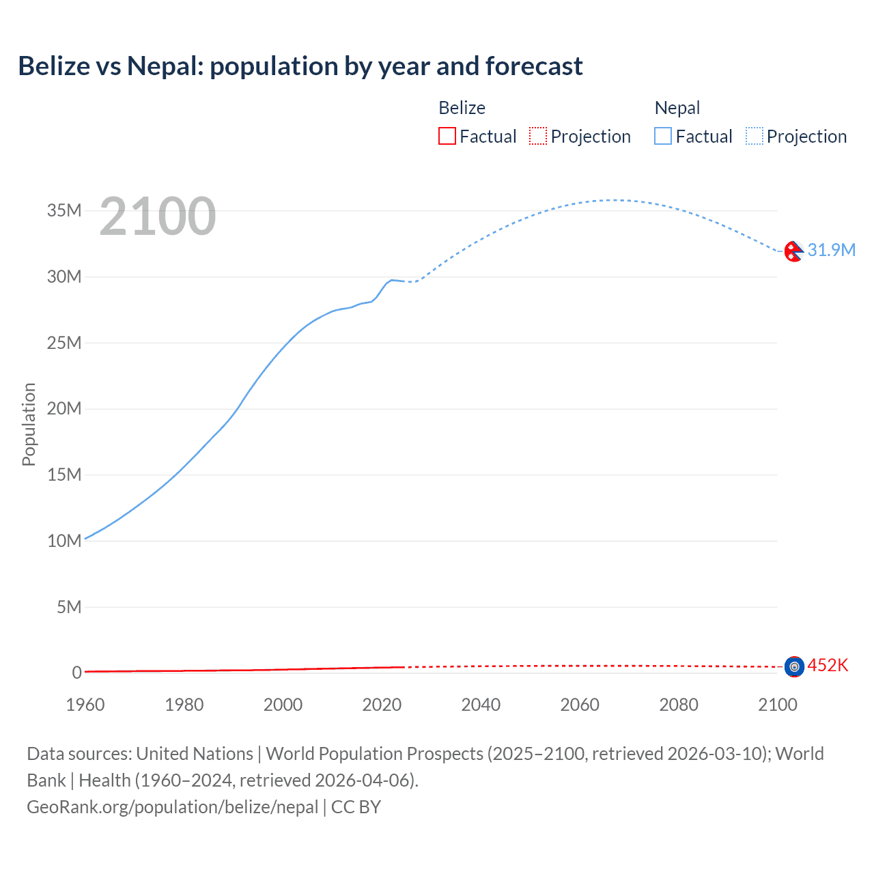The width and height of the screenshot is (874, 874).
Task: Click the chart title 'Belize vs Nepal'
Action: [x=300, y=66]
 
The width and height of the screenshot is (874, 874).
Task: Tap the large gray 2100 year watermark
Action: [x=158, y=216]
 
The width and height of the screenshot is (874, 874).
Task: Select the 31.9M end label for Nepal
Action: [x=831, y=250]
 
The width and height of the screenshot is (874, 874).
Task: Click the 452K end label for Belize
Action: [x=828, y=665]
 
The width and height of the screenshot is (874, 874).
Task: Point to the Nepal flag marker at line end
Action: [x=793, y=252]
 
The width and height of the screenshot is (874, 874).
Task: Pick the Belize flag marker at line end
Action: [x=793, y=666]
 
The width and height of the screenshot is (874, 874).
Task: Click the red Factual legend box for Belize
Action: [x=447, y=137]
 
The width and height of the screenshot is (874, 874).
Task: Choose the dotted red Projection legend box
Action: [x=538, y=137]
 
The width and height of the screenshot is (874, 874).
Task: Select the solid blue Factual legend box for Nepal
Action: [x=663, y=137]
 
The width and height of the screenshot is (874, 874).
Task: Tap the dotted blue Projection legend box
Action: [x=755, y=137]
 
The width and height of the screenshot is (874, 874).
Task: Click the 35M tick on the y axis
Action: [x=64, y=210]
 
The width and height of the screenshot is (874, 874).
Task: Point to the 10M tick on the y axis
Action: [x=64, y=541]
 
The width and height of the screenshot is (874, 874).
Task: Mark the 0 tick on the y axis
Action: [x=76, y=673]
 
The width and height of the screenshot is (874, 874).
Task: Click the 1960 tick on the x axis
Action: [x=85, y=705]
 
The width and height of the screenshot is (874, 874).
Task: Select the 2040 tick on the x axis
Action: [x=481, y=705]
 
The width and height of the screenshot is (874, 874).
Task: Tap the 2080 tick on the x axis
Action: [x=679, y=705]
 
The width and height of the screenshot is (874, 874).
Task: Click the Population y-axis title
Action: [x=29, y=424]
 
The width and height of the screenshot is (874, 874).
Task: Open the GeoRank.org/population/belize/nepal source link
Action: [x=173, y=807]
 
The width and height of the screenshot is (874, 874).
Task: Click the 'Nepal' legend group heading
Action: [x=677, y=108]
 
